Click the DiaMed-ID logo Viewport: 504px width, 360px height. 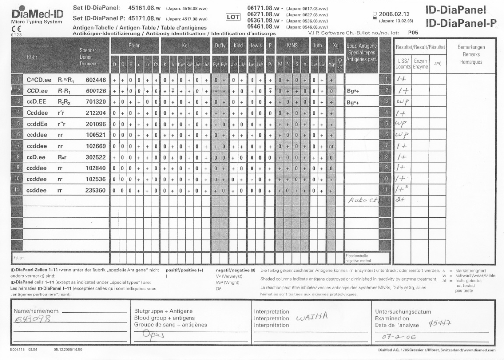coord(37,13)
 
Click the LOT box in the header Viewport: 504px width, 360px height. coord(232,17)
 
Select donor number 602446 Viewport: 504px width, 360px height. coord(95,79)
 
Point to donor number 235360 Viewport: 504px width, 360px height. coord(95,190)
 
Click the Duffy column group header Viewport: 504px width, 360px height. coord(220,45)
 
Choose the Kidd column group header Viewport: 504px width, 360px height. coord(238,45)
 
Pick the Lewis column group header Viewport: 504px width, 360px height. coord(256,45)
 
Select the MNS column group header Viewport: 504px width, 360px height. coord(292,45)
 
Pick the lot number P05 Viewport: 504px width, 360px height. coord(413,33)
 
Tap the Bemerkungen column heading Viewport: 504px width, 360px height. coord(471,47)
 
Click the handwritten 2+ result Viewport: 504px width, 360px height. coord(400,200)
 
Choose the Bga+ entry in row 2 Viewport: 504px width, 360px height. coord(352,91)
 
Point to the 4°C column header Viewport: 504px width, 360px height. coord(438,64)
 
